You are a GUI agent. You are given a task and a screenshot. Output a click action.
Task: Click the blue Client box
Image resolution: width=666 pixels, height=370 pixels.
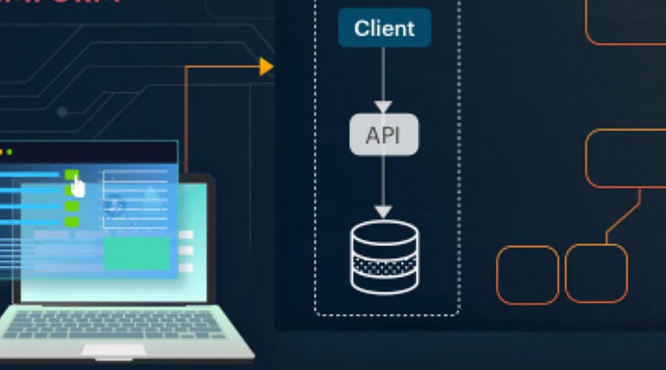(384, 28)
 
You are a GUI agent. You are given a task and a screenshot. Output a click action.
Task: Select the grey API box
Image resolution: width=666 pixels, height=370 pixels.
(384, 135)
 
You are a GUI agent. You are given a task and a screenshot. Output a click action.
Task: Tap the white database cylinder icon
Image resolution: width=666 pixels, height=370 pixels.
(383, 256)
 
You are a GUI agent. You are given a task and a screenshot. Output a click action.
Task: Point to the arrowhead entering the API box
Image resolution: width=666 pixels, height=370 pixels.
(383, 107)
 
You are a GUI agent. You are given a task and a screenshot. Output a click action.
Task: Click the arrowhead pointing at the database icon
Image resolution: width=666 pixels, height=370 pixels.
(383, 212)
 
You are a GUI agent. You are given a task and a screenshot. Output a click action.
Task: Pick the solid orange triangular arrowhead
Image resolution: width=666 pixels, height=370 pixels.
(266, 67)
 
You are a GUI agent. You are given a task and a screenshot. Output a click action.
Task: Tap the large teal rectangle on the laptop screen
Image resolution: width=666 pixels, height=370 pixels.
(137, 254)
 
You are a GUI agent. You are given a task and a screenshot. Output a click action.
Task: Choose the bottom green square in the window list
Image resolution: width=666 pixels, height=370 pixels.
(72, 221)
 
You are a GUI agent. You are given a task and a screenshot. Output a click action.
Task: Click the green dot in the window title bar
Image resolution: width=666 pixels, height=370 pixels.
(10, 152)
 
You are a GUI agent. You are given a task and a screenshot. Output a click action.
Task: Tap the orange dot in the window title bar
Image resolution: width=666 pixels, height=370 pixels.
(1, 152)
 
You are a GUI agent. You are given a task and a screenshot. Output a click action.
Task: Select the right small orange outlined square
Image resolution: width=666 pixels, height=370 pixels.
(596, 273)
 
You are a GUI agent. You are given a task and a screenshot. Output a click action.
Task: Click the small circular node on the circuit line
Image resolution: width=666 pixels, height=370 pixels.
(62, 112)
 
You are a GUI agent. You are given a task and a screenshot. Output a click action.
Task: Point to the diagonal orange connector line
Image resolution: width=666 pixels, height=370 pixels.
(623, 216)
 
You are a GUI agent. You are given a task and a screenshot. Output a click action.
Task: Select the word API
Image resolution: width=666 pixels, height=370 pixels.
(384, 135)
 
